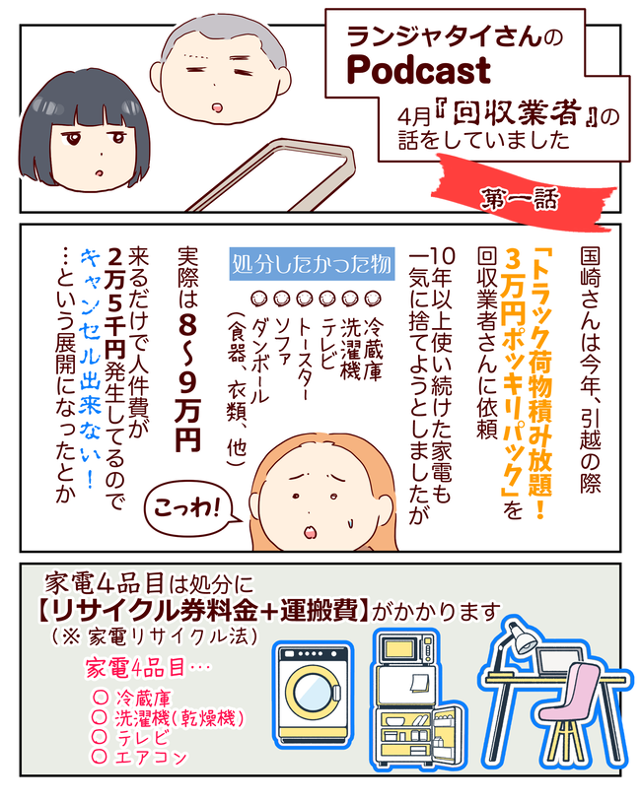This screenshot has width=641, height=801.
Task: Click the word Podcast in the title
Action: pos(419,71)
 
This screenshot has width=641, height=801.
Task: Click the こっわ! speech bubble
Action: pos(191,508)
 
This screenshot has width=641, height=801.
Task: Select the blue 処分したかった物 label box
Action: pos(312,265)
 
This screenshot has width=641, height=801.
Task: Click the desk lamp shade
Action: pos(523,639)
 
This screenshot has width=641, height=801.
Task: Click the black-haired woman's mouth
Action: pos(100,172)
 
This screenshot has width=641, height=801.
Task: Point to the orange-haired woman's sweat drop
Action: pos(349,522)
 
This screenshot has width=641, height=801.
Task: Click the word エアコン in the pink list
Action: pos(151,757)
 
